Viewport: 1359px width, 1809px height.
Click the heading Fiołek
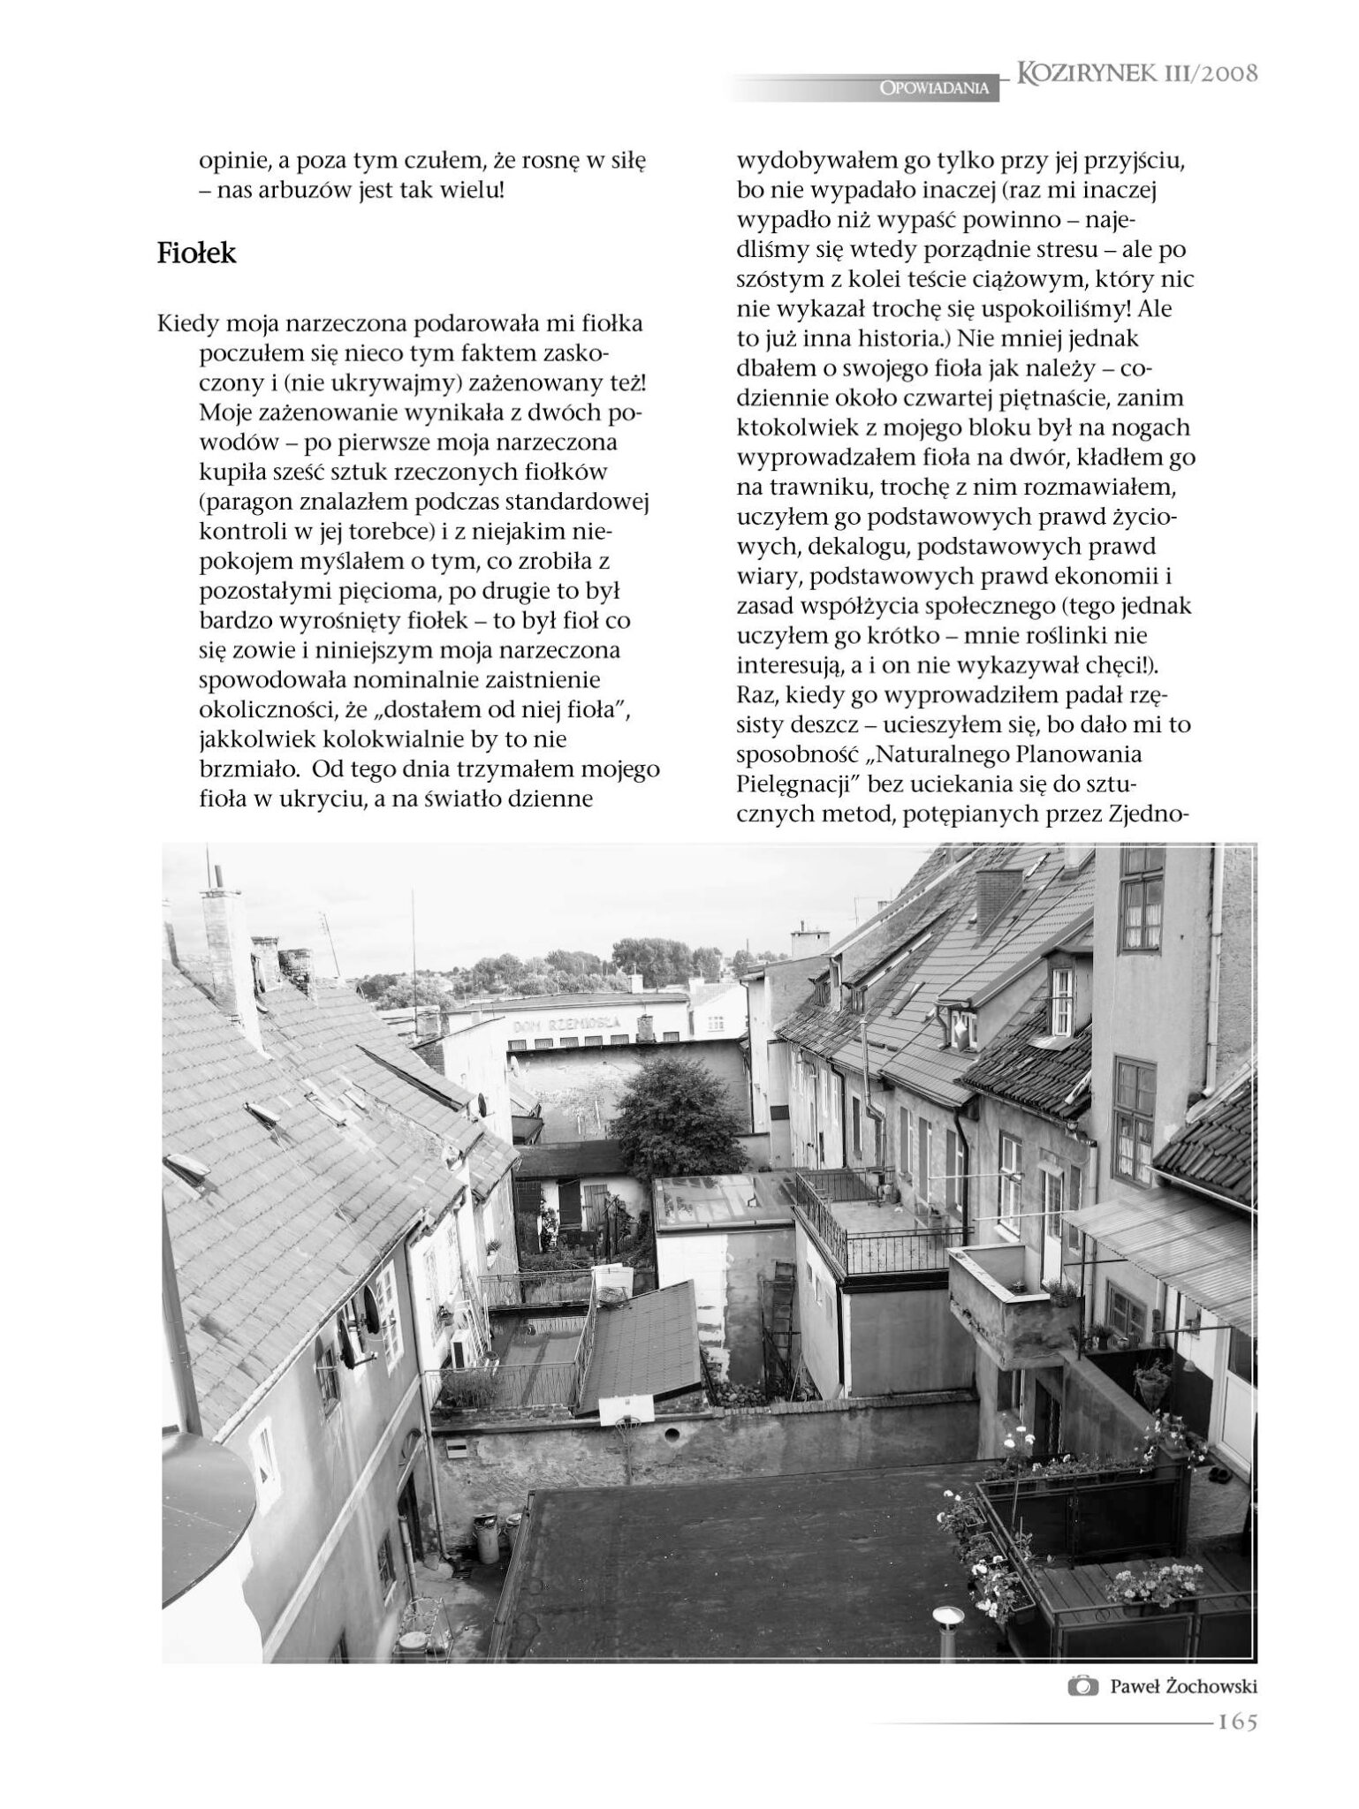197,254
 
